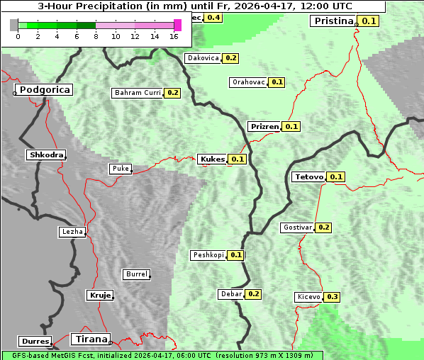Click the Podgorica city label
coord(44,89)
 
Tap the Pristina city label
coord(333,21)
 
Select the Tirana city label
coord(90,339)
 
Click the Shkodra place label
coord(46,154)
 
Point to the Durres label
coord(35,342)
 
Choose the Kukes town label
coord(213,159)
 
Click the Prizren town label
coord(264,126)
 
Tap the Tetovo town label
coord(309,176)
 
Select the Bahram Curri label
coord(138,92)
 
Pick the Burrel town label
coord(136,274)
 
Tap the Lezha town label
coord(72,231)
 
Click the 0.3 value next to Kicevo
coord(333,296)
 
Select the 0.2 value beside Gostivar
coord(324,227)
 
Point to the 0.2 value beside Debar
coord(254,293)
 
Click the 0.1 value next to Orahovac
coord(277,81)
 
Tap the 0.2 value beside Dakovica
coord(231,57)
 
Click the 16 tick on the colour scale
coord(174,35)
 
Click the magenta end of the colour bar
coord(177,25)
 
